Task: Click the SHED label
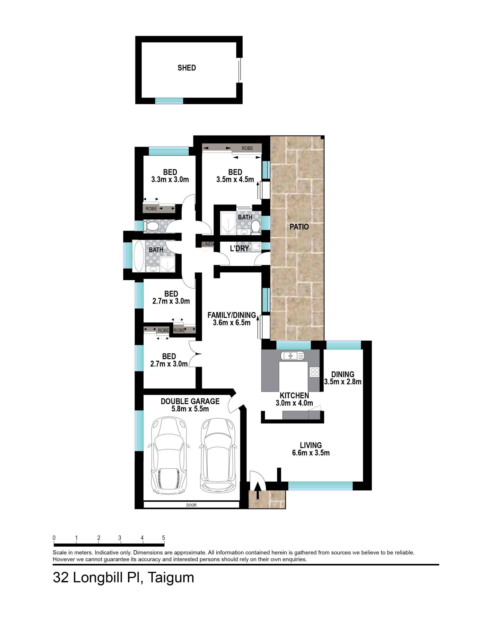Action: [187, 68]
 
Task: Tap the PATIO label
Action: [299, 227]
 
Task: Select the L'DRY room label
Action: [239, 248]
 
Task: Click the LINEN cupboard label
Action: [208, 244]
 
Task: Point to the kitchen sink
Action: [292, 356]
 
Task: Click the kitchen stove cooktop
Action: [315, 372]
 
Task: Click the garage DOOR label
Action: [191, 505]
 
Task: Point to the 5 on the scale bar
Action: [164, 538]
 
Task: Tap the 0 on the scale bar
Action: [54, 538]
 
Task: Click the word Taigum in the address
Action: [171, 578]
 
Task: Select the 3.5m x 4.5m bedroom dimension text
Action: [235, 179]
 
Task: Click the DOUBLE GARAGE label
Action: [190, 401]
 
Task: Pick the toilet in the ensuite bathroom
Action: [256, 227]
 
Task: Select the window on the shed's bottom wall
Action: [169, 101]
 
